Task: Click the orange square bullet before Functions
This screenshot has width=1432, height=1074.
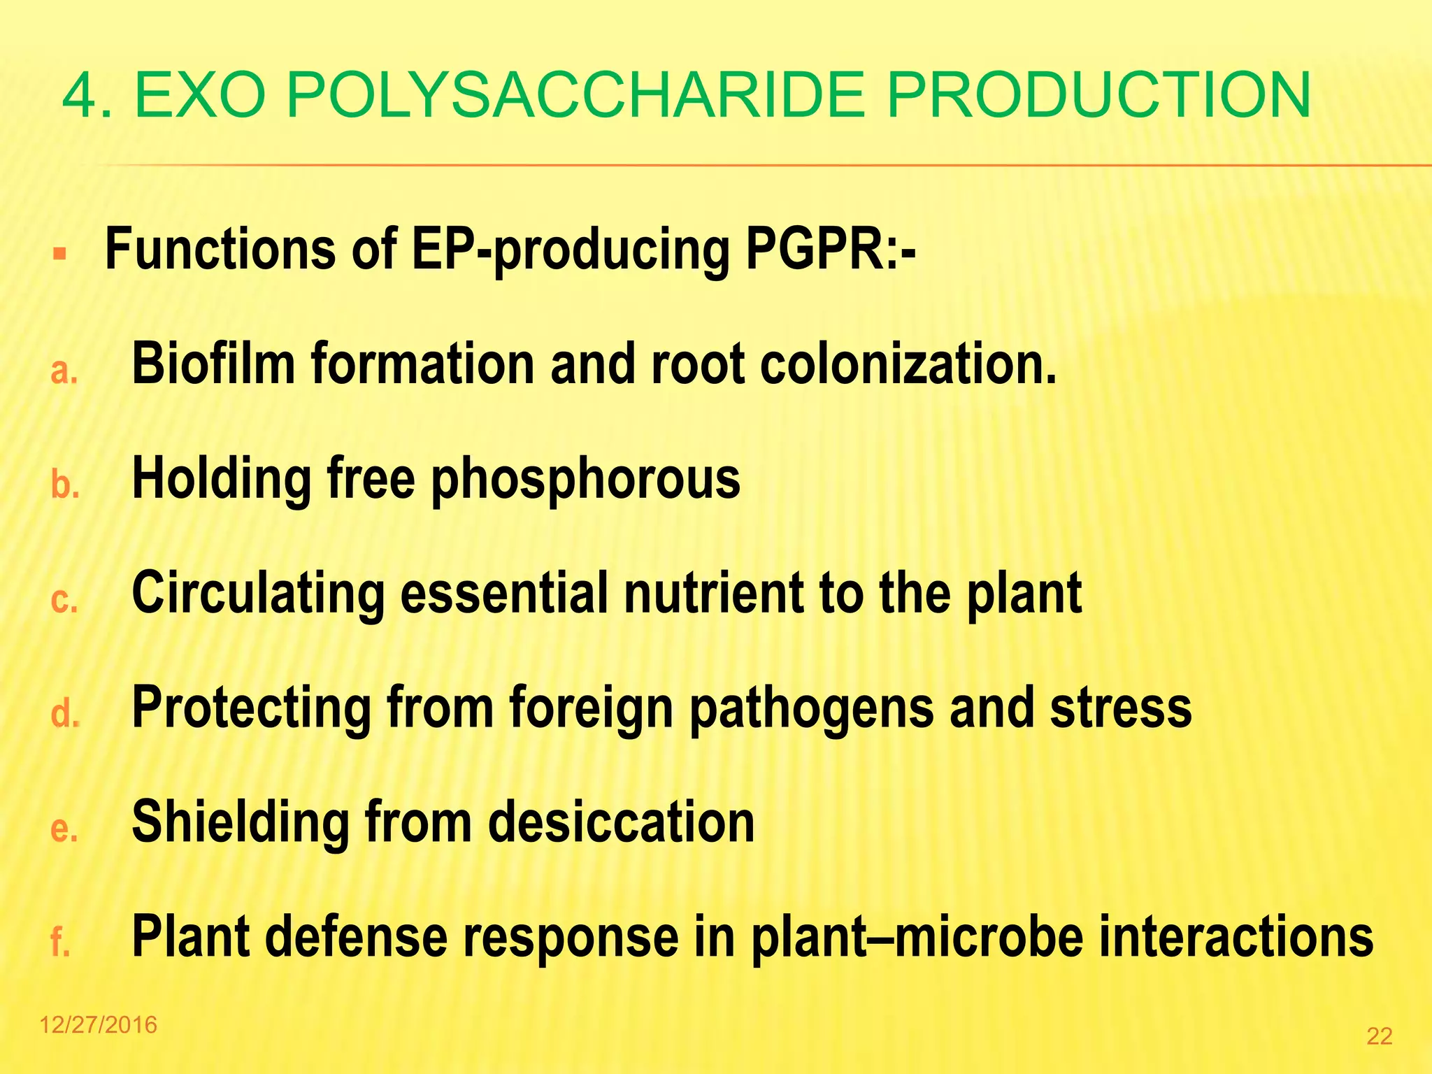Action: (59, 252)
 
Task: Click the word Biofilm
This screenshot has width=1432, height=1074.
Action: (213, 364)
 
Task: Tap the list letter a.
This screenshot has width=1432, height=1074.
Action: (64, 371)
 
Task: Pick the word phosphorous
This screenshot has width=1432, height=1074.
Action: (585, 480)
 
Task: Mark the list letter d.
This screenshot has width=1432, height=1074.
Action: (64, 714)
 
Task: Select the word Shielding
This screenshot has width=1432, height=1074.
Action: (241, 823)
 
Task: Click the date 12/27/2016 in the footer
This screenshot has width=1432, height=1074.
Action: (99, 1025)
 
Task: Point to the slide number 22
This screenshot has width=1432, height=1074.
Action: (1379, 1036)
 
